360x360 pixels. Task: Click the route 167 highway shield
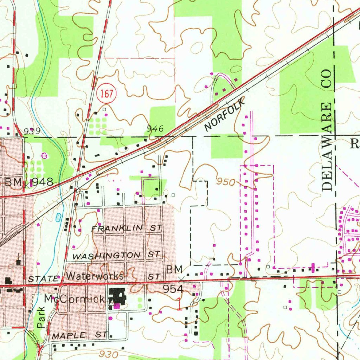(x=106, y=94)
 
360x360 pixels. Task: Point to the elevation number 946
(x=155, y=129)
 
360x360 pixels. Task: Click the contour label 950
(x=225, y=182)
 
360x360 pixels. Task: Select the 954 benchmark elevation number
(x=173, y=289)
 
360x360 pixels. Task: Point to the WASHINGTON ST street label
(x=116, y=255)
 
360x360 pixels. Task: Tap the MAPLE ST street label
(x=79, y=335)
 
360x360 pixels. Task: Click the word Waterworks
(x=95, y=276)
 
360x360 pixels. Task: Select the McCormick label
(x=74, y=299)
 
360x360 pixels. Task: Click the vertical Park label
(x=41, y=318)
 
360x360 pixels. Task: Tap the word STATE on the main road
(x=43, y=279)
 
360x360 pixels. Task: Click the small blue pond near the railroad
(x=58, y=218)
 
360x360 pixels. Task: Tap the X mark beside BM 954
(x=181, y=280)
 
